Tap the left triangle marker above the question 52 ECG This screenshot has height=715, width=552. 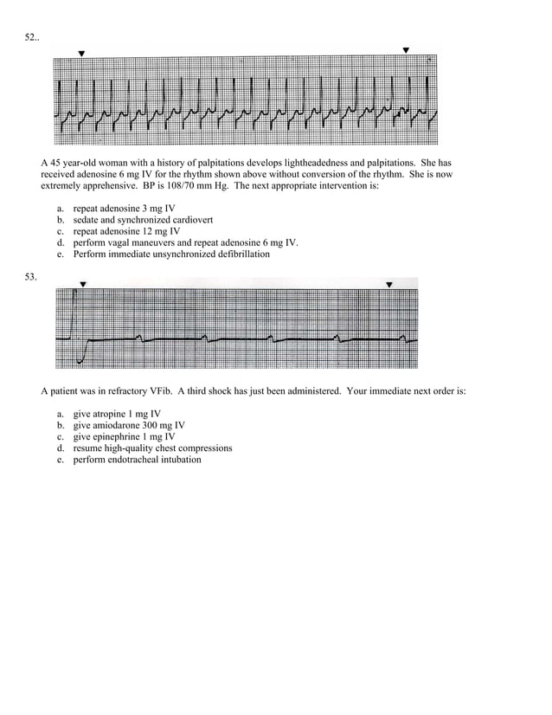pyautogui.click(x=81, y=54)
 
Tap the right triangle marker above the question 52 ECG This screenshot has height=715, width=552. pyautogui.click(x=406, y=50)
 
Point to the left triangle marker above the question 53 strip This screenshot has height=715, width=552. pyautogui.click(x=83, y=284)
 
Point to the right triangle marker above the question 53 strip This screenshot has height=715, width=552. pyautogui.click(x=389, y=284)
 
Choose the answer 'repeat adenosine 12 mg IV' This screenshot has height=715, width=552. pyautogui.click(x=126, y=232)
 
